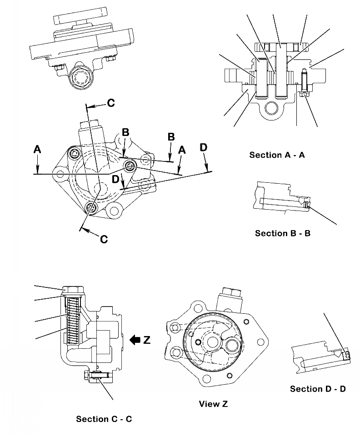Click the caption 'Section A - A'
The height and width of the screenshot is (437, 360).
point(277,155)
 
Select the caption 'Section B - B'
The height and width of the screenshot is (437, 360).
point(283,233)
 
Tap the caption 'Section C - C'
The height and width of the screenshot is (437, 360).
point(104,419)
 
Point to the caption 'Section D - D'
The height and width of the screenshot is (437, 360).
point(318,389)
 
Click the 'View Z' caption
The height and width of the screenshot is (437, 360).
point(213,404)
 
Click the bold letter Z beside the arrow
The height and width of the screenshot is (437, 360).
point(146,340)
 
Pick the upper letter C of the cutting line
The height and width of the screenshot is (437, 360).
point(111,103)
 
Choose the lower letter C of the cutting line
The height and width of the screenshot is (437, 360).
point(104,238)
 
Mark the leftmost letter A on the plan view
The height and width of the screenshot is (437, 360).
point(38,149)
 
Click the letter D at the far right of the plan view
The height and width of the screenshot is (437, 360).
point(203,147)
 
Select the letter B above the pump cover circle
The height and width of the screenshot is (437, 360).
point(125,133)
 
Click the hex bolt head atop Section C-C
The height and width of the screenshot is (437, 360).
point(72,290)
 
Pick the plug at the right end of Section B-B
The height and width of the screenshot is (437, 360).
point(308,206)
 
